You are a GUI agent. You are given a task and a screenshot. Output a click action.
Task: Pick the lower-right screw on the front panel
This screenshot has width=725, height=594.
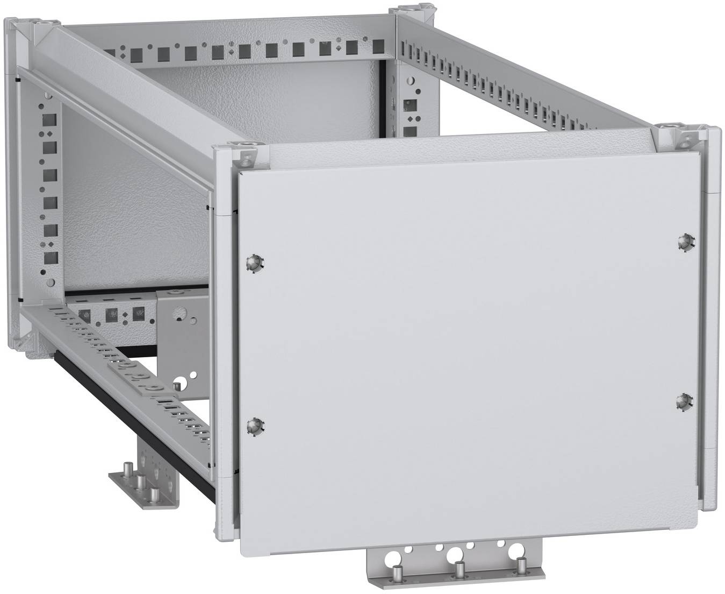coord(684,401)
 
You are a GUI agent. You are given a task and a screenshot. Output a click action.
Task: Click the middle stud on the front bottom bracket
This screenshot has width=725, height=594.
coord(460,568)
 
